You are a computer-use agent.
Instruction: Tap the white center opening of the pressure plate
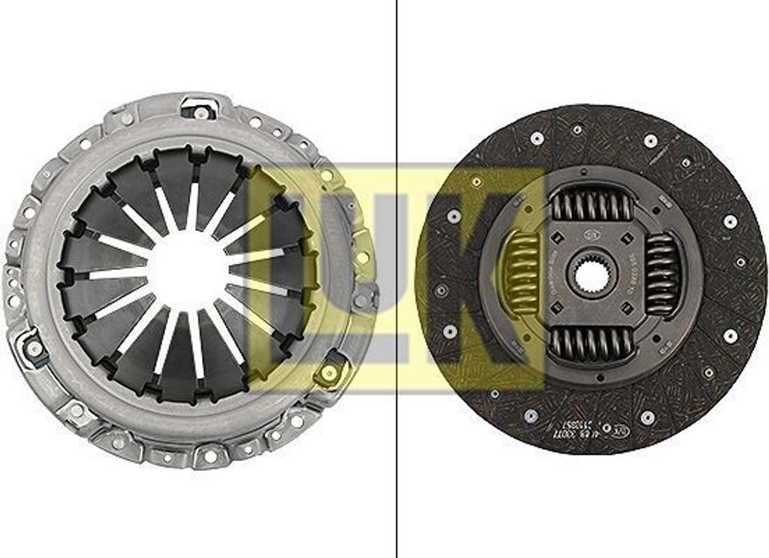pyautogui.click(x=188, y=271)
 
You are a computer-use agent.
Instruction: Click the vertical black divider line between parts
pyautogui.click(x=397, y=278)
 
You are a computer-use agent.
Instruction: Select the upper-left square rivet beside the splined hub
pyautogui.click(x=559, y=239)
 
